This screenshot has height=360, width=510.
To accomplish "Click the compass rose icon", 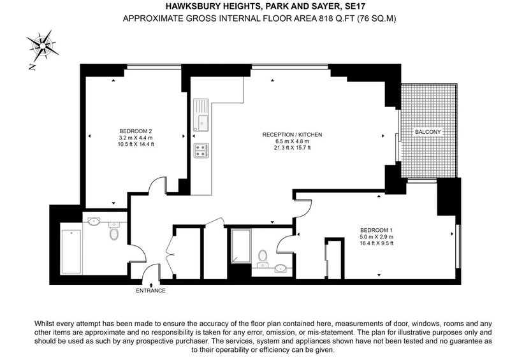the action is coord(43,45).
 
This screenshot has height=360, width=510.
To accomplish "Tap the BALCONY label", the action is coord(428,132).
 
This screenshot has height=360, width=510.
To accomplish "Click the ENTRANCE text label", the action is coord(150,291).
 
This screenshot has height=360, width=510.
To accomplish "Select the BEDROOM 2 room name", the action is coord(136,131).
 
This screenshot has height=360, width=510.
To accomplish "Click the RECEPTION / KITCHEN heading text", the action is coord(292,134).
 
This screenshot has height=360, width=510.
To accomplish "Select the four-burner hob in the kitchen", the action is coord(201,150).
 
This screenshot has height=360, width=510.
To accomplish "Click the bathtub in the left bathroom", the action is coord(71,252).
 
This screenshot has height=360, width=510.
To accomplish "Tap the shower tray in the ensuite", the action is coord(241,246).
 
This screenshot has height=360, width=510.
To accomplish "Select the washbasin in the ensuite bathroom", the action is coord(280,268).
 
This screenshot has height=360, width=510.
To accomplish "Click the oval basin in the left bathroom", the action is coord(94,222).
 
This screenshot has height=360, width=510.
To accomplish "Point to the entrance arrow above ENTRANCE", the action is coord(152,285).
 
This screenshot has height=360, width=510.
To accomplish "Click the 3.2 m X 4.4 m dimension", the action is coord(136,138).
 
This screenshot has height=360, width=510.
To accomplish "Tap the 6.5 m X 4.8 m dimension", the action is coord(292,141).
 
